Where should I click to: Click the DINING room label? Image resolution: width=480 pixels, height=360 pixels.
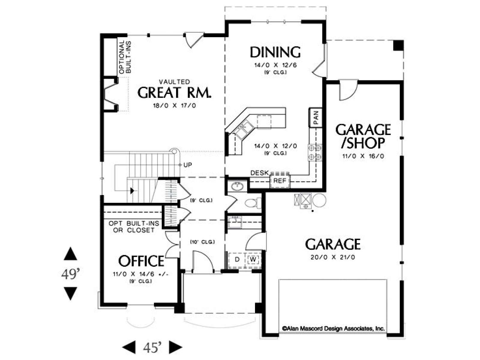click(x=275, y=52)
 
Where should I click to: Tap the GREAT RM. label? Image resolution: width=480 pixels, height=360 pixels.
click(x=175, y=93)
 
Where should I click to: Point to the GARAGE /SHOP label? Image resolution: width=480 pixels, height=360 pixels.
click(x=363, y=136)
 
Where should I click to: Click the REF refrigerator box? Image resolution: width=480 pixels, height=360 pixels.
click(x=280, y=181)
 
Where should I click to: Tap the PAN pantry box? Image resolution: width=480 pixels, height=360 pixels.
click(x=316, y=118)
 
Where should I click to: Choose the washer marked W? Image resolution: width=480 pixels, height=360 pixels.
click(x=253, y=259)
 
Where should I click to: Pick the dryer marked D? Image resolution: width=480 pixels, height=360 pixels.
click(x=237, y=260)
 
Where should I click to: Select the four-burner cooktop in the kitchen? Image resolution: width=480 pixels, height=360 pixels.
click(x=315, y=153)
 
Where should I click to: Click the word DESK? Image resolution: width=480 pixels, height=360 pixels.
click(x=259, y=173)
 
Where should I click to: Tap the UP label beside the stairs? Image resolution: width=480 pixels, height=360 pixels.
click(x=187, y=165)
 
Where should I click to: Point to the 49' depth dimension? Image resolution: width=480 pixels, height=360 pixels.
click(x=70, y=274)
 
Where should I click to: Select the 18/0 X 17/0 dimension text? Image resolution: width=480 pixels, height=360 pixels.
click(x=175, y=106)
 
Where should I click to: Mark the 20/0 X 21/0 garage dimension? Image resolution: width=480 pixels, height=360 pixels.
click(x=333, y=257)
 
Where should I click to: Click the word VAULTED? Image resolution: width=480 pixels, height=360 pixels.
click(x=175, y=82)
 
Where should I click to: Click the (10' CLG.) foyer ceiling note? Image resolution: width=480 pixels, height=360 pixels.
click(x=202, y=242)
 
